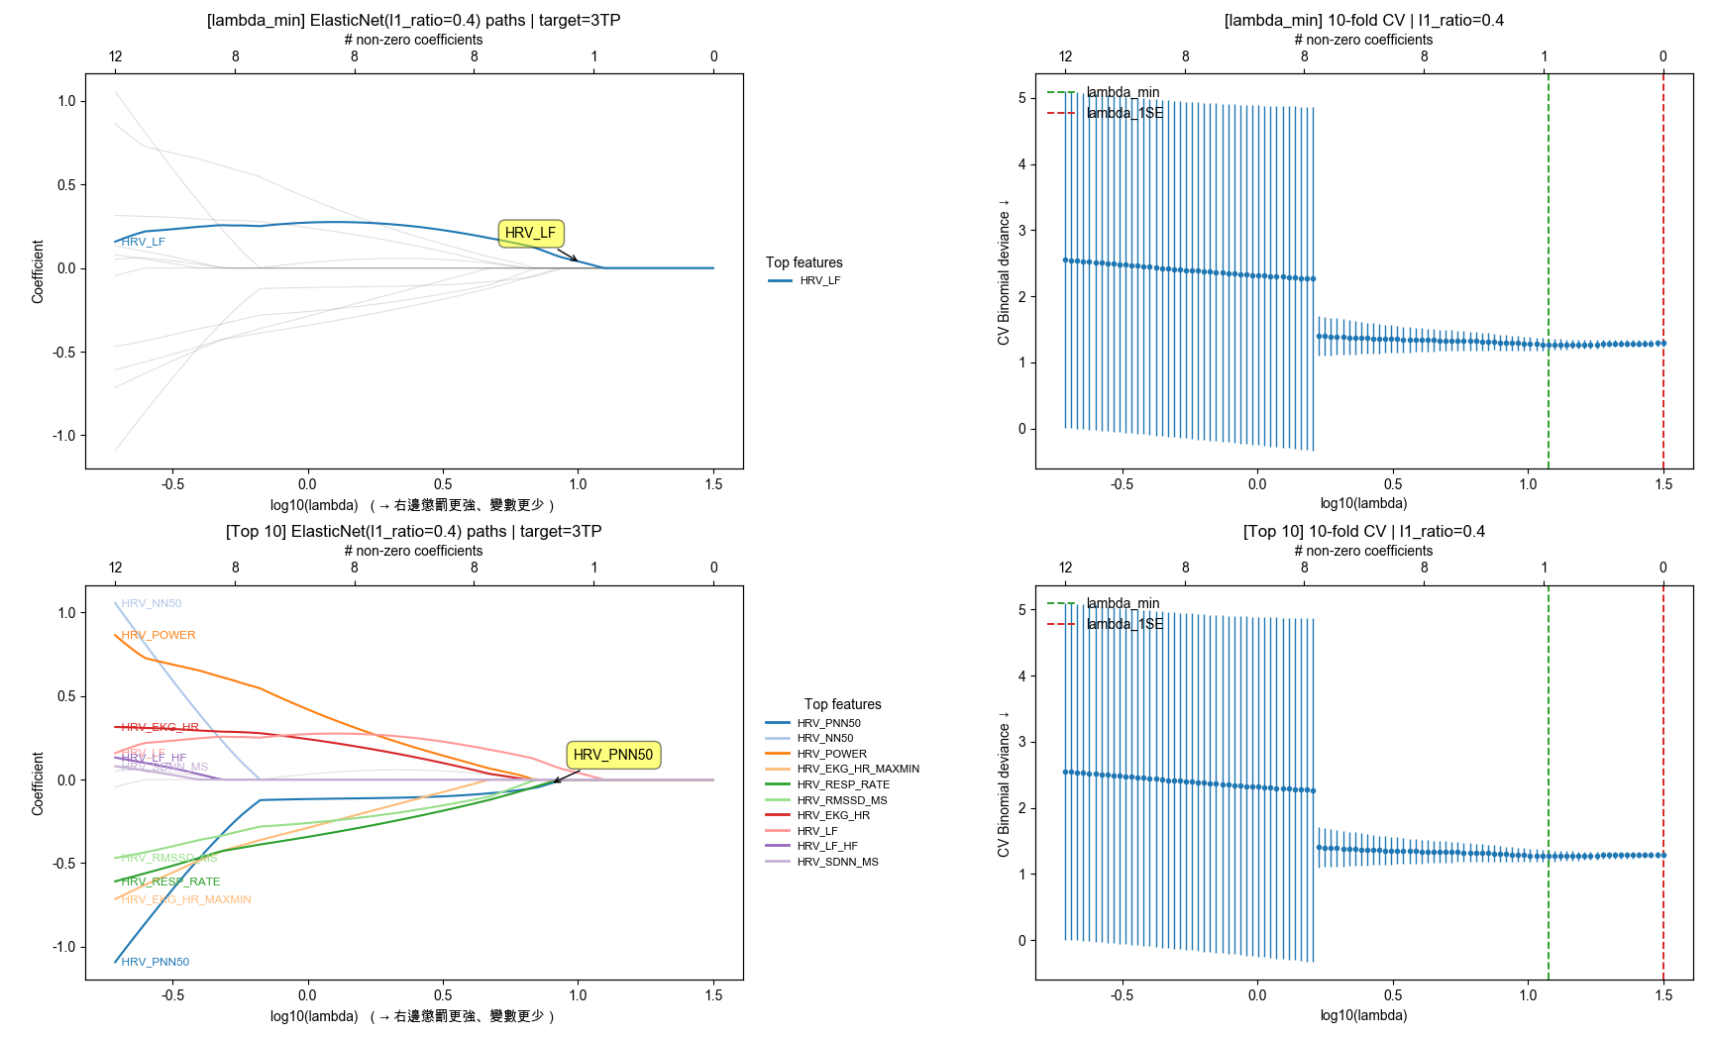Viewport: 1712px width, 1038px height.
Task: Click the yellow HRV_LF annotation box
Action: pyautogui.click(x=530, y=233)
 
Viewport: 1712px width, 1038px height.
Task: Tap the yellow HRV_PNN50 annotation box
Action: pyautogui.click(x=612, y=755)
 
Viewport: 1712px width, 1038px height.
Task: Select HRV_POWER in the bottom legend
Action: pyautogui.click(x=831, y=754)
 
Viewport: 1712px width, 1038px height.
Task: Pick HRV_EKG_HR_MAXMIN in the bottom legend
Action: pyautogui.click(x=858, y=769)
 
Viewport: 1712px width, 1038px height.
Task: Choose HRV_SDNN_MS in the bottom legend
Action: pyautogui.click(x=837, y=862)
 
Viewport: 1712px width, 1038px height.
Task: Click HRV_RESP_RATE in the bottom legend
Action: pyautogui.click(x=843, y=784)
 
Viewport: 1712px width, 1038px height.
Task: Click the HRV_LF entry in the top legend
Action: pyautogui.click(x=819, y=281)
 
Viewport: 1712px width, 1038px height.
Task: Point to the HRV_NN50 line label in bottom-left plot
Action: pyautogui.click(x=152, y=603)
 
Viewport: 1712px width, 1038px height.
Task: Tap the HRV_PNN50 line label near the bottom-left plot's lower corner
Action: pyautogui.click(x=156, y=962)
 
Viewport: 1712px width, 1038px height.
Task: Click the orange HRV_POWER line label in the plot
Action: pyautogui.click(x=159, y=635)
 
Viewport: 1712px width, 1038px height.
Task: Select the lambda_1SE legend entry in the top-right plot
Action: pyautogui.click(x=1124, y=113)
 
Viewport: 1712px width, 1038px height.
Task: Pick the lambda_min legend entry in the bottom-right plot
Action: pyautogui.click(x=1123, y=603)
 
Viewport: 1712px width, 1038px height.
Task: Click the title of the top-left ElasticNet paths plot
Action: pyautogui.click(x=413, y=20)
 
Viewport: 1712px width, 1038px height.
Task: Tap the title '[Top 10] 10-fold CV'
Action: pyautogui.click(x=1363, y=531)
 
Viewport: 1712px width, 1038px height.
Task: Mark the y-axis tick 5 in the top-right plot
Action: pyautogui.click(x=1021, y=98)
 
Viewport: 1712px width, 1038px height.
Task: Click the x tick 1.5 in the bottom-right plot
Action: pyautogui.click(x=1662, y=995)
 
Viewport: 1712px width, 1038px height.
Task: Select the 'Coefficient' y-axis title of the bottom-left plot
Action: pyautogui.click(x=38, y=782)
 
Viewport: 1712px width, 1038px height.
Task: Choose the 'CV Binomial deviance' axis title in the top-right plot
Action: pyautogui.click(x=1004, y=271)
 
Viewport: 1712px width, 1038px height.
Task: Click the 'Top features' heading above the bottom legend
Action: pyautogui.click(x=842, y=704)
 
